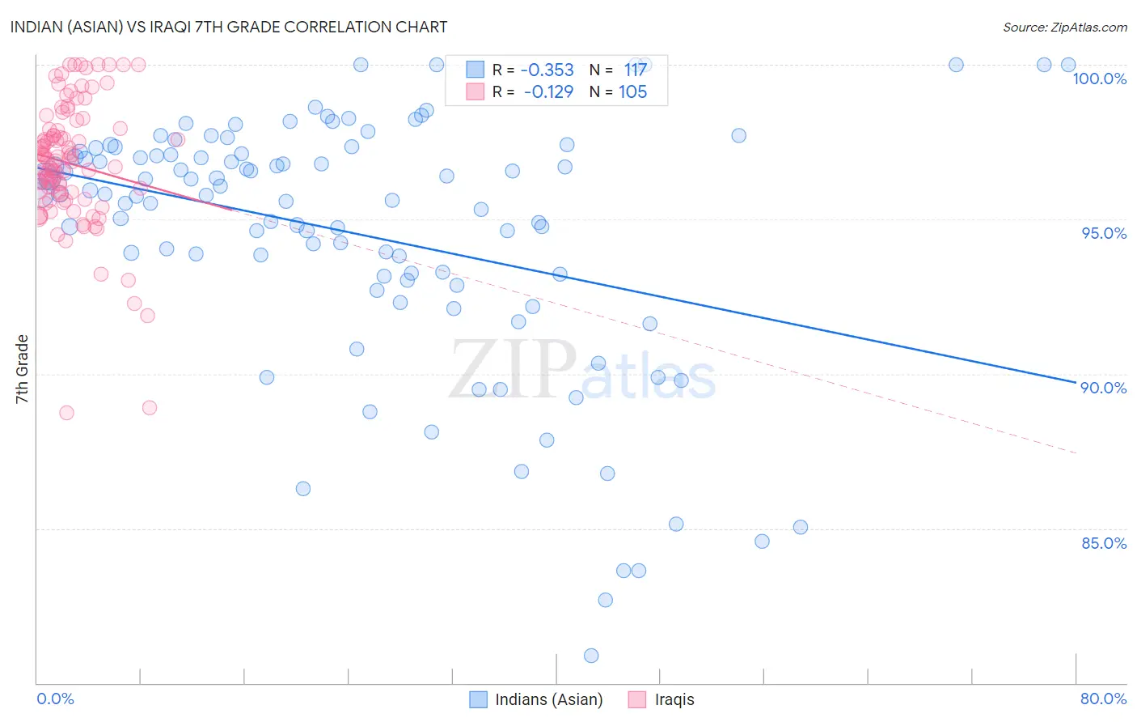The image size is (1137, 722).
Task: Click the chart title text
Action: [x=229, y=27]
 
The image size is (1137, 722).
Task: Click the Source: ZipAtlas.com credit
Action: [x=1064, y=27]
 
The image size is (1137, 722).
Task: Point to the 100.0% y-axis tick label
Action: [x=1099, y=79]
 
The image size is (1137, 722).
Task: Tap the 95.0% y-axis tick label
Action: [x=1104, y=233]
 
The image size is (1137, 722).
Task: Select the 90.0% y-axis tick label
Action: [x=1104, y=388]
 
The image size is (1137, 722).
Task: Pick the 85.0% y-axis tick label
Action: [x=1104, y=543]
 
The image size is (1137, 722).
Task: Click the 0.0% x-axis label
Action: [x=55, y=699]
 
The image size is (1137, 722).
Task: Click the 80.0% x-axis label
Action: [x=1103, y=699]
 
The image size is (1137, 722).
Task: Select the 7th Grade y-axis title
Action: [x=22, y=369]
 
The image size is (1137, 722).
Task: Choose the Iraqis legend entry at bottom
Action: [x=674, y=699]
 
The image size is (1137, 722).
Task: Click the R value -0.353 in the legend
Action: [x=547, y=70]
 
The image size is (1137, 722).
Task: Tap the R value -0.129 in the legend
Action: [x=548, y=92]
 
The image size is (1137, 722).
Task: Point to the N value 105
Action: [x=632, y=92]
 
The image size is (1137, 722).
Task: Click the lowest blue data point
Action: [x=591, y=656]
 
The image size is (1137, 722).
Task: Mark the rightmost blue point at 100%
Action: [x=1068, y=65]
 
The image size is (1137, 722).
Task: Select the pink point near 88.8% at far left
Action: [x=66, y=413]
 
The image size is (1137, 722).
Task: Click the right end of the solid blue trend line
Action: [x=1076, y=382]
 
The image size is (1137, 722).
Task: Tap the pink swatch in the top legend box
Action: [x=475, y=92]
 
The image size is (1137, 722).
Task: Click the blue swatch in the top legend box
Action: [x=475, y=70]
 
